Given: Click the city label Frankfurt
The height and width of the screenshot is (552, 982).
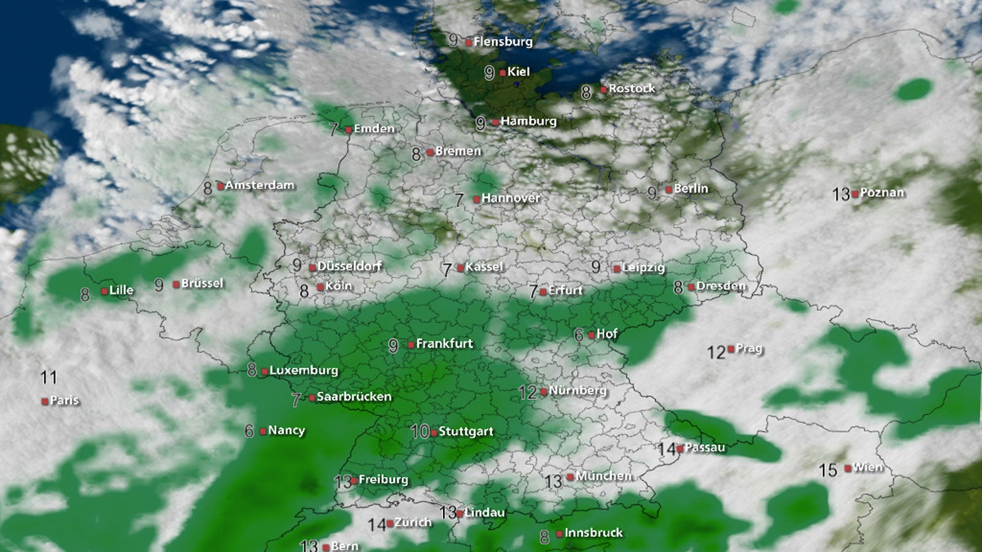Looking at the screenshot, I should click(444, 343).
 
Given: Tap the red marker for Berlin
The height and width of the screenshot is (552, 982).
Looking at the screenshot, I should click(669, 190).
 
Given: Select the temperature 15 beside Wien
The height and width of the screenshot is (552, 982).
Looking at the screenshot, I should click(828, 470).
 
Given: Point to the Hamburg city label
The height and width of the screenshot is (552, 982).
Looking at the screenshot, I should click(528, 121).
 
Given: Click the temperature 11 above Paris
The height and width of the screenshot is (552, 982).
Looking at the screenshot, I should click(48, 377).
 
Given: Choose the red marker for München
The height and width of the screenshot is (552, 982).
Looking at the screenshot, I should click(570, 477).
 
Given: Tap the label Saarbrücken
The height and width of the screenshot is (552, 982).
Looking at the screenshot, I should click(354, 396).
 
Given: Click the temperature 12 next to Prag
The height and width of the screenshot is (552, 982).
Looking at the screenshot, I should click(716, 352).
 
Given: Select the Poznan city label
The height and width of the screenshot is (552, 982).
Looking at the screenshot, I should click(882, 193).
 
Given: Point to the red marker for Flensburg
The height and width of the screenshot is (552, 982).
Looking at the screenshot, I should click(469, 43).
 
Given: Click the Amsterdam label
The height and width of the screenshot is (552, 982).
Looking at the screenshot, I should click(260, 185).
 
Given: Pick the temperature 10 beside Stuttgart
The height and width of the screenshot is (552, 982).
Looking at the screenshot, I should click(420, 432).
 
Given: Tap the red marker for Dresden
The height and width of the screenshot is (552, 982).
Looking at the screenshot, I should click(692, 287).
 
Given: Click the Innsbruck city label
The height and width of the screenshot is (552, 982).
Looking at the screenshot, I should click(593, 532).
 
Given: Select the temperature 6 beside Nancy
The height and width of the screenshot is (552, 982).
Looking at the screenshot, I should click(249, 431).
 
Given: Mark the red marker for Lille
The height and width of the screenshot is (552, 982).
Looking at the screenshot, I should click(104, 291).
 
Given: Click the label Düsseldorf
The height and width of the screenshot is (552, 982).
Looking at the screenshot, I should click(349, 266).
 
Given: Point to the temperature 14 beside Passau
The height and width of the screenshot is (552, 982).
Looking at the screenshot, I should click(667, 450).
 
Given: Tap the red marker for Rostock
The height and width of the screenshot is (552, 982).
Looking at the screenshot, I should click(604, 90).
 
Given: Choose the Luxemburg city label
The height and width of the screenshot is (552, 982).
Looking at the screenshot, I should click(304, 370).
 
